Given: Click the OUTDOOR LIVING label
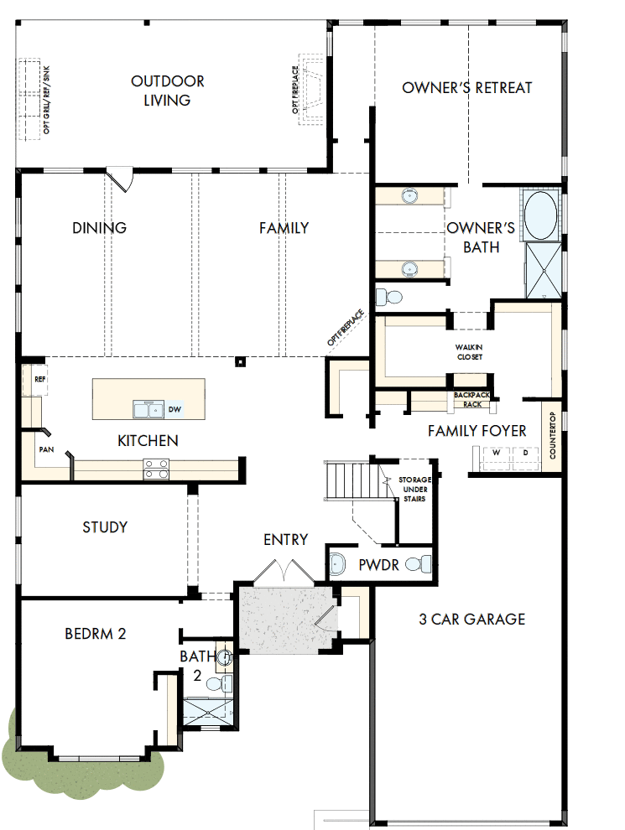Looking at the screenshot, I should (x=167, y=91).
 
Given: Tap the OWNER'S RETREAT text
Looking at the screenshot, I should (x=467, y=87).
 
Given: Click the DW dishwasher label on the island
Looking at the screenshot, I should (x=174, y=410).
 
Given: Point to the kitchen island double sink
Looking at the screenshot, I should (x=148, y=410).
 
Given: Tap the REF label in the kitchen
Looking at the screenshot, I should (x=39, y=379).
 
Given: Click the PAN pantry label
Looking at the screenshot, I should (x=46, y=450).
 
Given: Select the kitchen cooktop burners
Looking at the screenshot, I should (x=155, y=469).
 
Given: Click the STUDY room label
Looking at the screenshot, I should (x=105, y=527).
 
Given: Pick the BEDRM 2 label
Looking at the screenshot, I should (x=95, y=634).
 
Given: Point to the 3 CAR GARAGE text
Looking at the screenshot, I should (x=472, y=620).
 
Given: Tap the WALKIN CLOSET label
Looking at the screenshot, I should (x=469, y=352).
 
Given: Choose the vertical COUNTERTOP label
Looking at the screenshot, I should (x=552, y=435).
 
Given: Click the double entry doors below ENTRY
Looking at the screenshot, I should (x=285, y=573).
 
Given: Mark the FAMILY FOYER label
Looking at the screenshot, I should (x=477, y=431).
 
